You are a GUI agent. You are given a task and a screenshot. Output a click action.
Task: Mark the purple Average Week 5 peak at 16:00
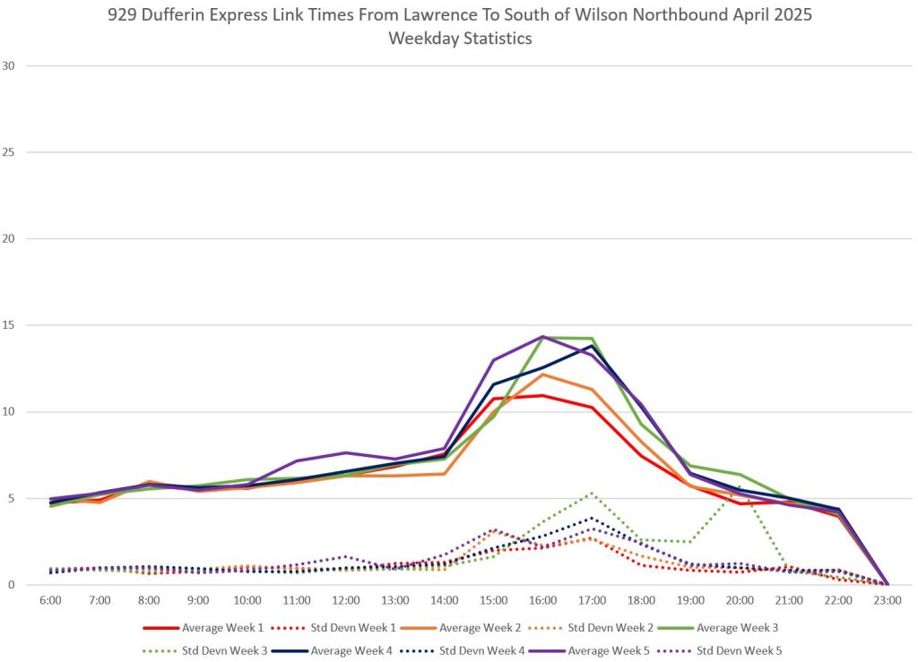coord(542,336)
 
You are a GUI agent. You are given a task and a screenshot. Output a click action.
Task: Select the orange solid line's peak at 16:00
coord(542,374)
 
